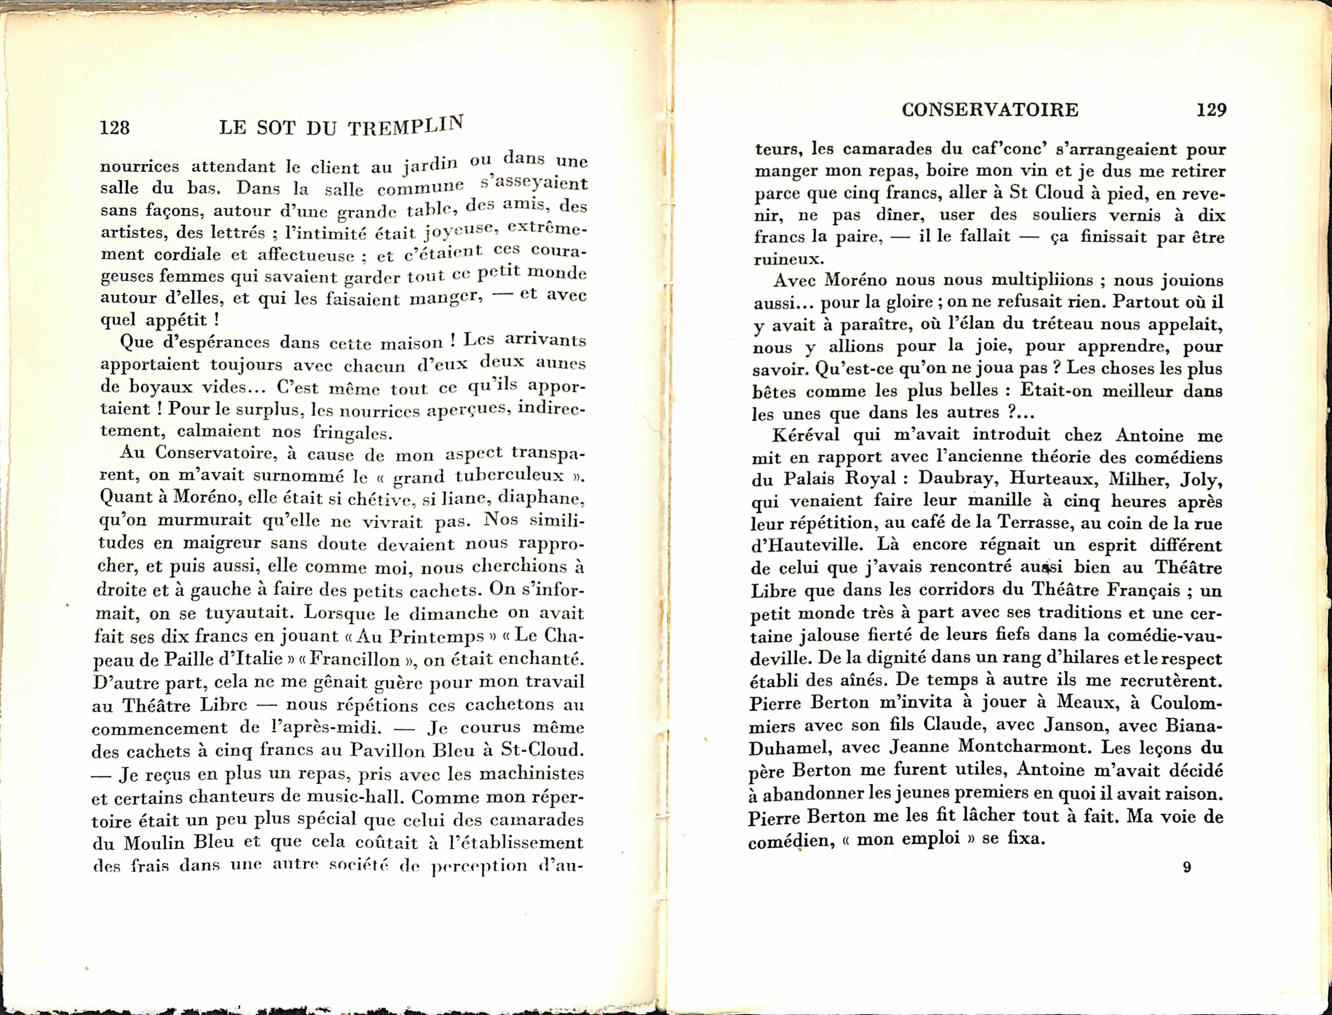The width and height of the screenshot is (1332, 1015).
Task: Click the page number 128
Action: (115, 128)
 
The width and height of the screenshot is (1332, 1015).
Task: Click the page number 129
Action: (1211, 110)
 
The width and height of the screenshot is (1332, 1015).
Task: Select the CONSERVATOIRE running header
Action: (990, 110)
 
